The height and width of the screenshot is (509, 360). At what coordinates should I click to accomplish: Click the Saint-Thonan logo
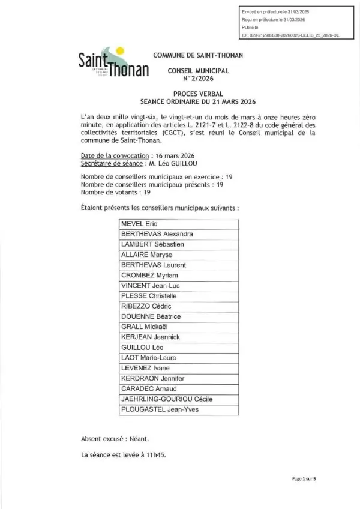pyautogui.click(x=113, y=64)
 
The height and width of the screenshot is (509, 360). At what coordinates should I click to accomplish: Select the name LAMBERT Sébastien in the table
pyautogui.click(x=152, y=244)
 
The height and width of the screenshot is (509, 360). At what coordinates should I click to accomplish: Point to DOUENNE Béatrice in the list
pyautogui.click(x=151, y=316)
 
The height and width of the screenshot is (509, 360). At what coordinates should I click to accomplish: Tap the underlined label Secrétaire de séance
pyautogui.click(x=111, y=163)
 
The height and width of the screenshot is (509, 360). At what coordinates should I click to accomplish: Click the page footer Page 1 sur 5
pyautogui.click(x=304, y=478)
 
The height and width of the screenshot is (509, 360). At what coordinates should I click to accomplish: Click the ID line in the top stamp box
pyautogui.click(x=290, y=35)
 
